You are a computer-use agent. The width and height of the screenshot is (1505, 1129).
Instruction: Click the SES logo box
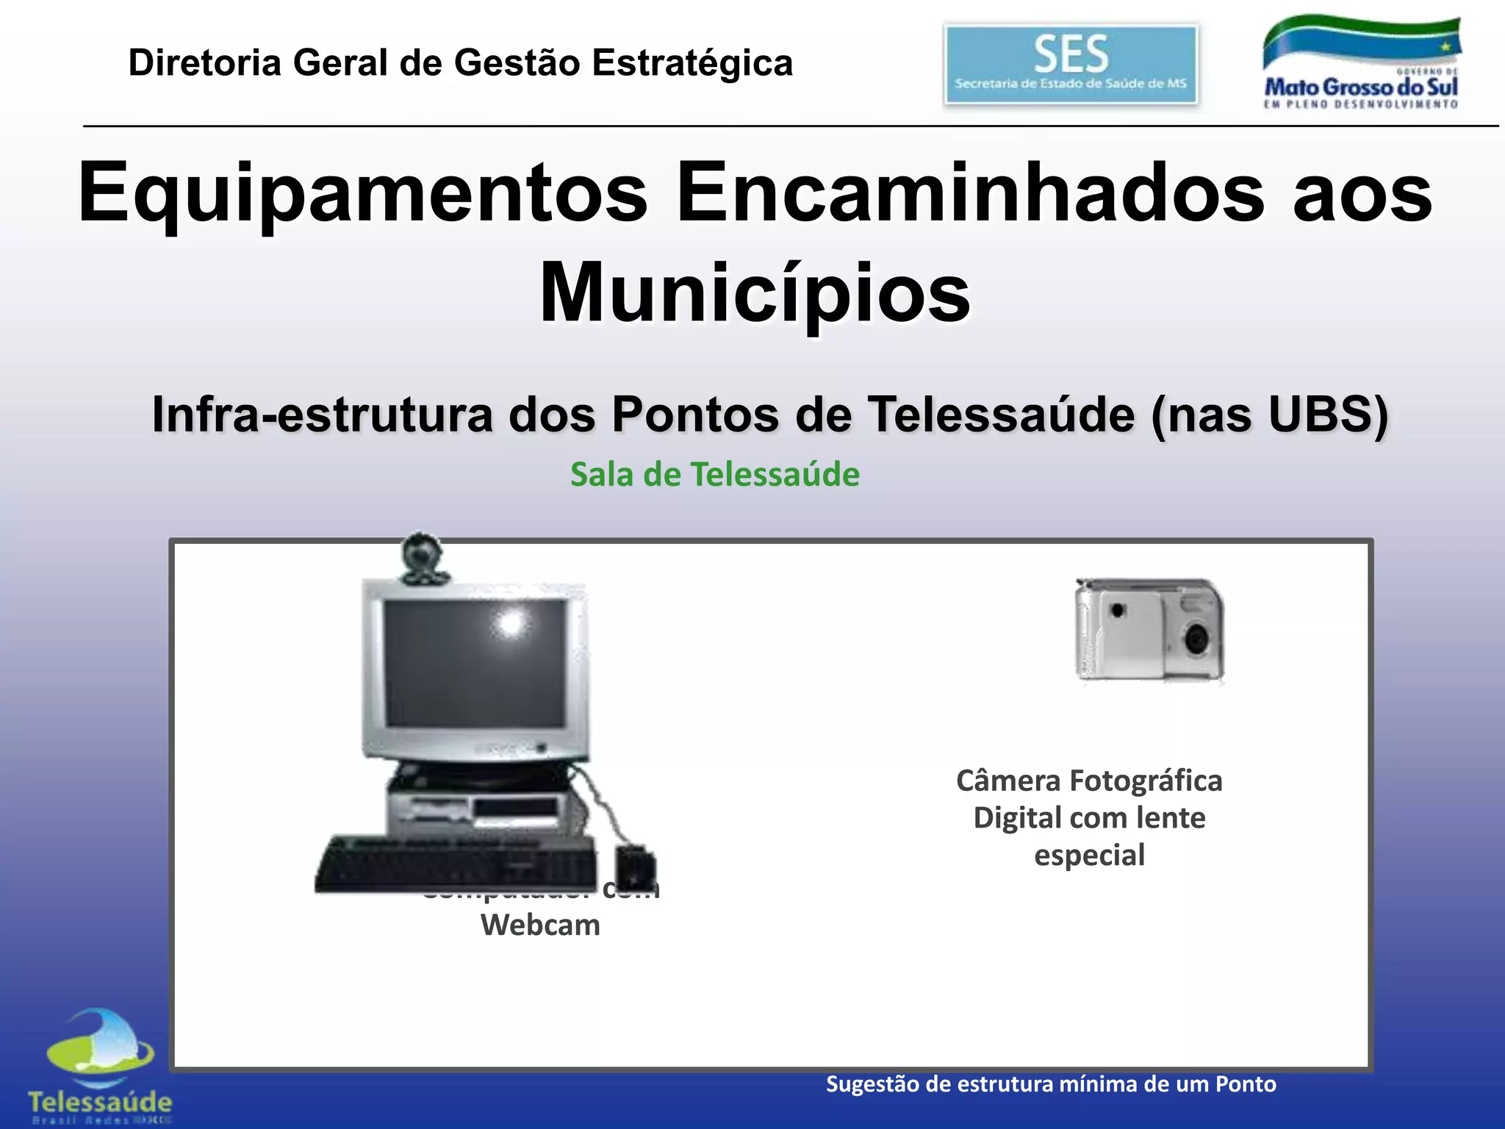click(x=1070, y=65)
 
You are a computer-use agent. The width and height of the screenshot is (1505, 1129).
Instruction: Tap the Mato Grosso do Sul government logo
click(x=1361, y=65)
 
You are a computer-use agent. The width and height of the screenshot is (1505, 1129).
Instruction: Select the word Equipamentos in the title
click(x=362, y=193)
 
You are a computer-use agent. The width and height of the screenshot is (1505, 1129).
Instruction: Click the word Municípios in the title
click(x=755, y=293)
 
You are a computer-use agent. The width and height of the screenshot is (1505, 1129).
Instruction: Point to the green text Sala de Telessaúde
click(x=714, y=474)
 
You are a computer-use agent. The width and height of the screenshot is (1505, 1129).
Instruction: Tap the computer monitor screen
click(x=475, y=662)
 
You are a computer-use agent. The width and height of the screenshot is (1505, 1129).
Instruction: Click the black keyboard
click(x=456, y=864)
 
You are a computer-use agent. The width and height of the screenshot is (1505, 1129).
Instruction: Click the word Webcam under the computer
click(x=540, y=925)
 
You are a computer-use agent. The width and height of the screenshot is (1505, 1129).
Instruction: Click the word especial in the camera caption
click(x=1089, y=855)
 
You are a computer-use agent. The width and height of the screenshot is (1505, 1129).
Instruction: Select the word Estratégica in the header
click(x=692, y=62)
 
